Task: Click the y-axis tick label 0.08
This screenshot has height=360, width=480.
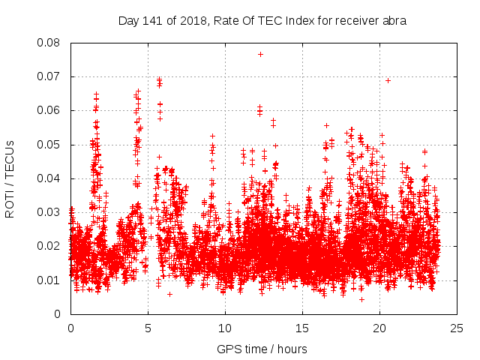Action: click(49, 43)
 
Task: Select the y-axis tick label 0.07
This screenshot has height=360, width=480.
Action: click(49, 76)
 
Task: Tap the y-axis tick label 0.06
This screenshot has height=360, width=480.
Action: click(49, 110)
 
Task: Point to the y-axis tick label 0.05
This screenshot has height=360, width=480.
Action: click(49, 145)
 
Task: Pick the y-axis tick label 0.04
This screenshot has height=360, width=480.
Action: click(49, 178)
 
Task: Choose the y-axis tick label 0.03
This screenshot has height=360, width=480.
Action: click(49, 212)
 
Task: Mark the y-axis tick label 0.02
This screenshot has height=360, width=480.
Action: click(49, 246)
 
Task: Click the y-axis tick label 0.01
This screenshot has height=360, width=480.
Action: click(49, 280)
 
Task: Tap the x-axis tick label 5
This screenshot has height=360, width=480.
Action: click(148, 328)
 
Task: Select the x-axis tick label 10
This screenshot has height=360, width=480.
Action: click(225, 328)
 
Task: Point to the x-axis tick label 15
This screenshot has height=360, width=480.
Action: click(302, 328)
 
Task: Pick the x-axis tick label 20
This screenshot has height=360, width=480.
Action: click(379, 328)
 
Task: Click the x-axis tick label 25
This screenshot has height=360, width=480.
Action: click(457, 328)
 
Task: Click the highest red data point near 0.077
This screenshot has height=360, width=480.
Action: click(260, 54)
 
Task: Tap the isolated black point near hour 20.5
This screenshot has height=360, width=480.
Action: click(388, 80)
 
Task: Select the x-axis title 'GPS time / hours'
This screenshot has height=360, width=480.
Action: click(263, 349)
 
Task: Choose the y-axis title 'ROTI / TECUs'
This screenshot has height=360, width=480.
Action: click(10, 178)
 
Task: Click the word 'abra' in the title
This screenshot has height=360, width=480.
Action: click(394, 21)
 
